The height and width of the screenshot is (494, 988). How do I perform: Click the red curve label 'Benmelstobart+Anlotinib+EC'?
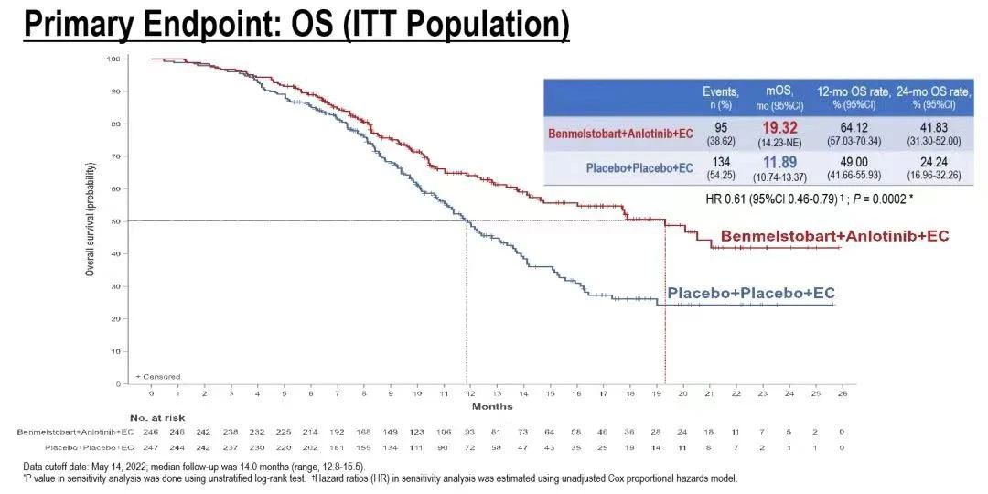tap(834, 236)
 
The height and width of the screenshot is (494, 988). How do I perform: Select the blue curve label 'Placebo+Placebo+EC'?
tap(751, 293)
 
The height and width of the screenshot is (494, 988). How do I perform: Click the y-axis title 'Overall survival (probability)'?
tap(91, 220)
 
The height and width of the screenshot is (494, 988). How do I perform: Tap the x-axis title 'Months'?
tap(492, 406)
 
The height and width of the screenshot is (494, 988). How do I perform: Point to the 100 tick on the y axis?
tap(113, 59)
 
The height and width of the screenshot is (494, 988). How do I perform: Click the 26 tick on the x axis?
tap(842, 393)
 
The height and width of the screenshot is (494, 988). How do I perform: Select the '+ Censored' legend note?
tap(158, 376)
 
